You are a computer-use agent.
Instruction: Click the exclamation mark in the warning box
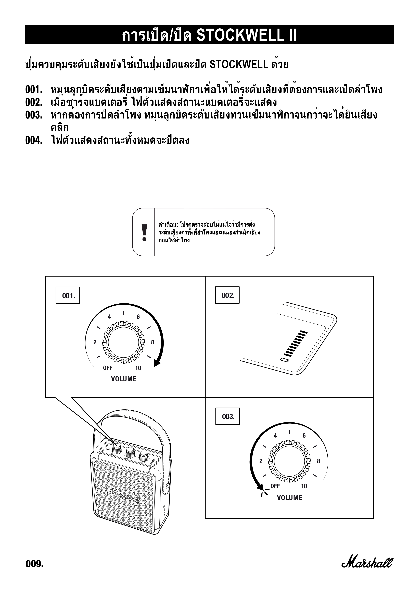pyautogui.click(x=144, y=232)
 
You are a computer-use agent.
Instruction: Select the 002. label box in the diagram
pyautogui.click(x=227, y=295)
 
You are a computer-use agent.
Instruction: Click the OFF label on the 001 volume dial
pyautogui.click(x=108, y=368)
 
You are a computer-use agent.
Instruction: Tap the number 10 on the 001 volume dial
pyautogui.click(x=138, y=368)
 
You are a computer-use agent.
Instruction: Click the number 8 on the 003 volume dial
pyautogui.click(x=318, y=461)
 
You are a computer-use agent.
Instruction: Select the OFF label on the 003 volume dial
pyautogui.click(x=275, y=486)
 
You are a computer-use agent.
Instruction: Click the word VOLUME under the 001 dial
pyautogui.click(x=124, y=379)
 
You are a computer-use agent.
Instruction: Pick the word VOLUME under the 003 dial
pyautogui.click(x=289, y=498)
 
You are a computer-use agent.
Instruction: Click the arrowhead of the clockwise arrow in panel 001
pyautogui.click(x=157, y=364)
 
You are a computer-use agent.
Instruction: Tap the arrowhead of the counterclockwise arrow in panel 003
pyautogui.click(x=260, y=487)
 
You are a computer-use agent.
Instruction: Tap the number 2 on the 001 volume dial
pyautogui.click(x=95, y=342)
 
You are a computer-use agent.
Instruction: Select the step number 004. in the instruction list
pyautogui.click(x=34, y=141)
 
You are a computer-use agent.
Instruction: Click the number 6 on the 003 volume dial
pyautogui.click(x=304, y=436)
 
